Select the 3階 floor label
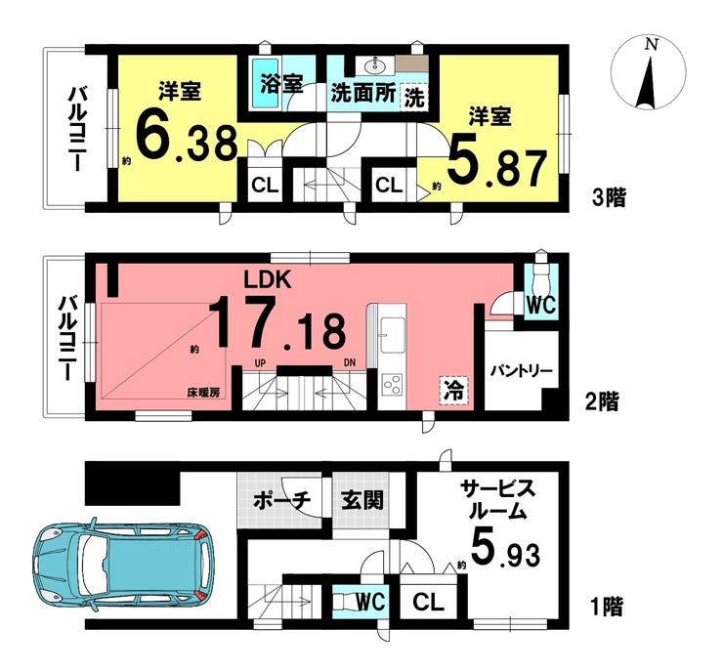coord(609,198)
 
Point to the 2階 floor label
coord(602,402)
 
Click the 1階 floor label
coord(607,607)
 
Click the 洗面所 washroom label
coord(363,94)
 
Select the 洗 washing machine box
coord(414,98)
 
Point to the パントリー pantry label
coord(521,371)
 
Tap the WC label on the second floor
coord(541,305)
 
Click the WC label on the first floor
coord(371,602)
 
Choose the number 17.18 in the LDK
coord(277,322)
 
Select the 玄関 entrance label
coord(362,500)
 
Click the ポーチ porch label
coord(282,500)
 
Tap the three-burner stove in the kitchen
coord(393,384)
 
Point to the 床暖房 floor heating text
coord(203,393)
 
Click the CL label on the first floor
coord(428,602)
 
